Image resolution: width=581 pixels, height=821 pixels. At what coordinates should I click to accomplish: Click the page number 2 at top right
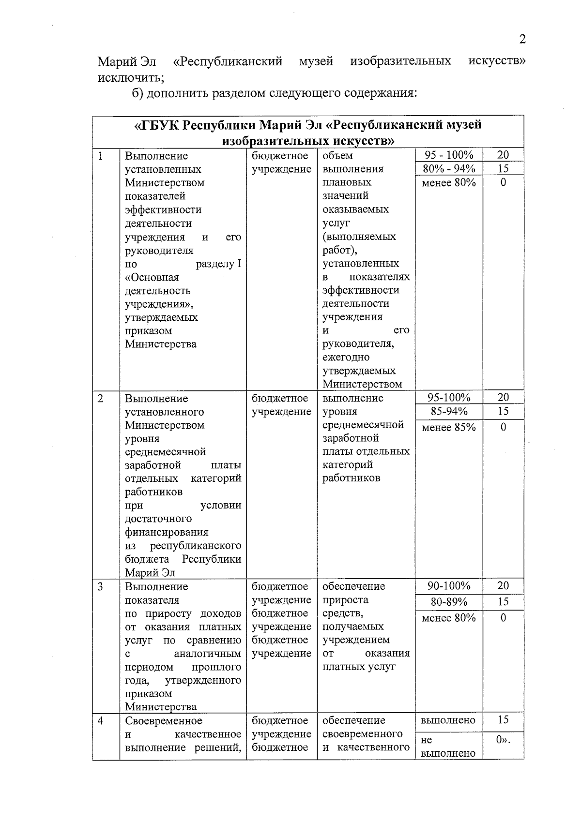(x=522, y=40)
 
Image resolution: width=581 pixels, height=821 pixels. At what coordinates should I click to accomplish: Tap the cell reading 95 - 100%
(x=448, y=155)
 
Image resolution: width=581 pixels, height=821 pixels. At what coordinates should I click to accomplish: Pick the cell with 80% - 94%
(x=448, y=168)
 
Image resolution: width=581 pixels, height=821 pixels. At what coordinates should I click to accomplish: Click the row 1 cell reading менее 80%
(x=448, y=182)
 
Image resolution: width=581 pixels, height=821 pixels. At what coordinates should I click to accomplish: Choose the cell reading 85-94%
(x=448, y=411)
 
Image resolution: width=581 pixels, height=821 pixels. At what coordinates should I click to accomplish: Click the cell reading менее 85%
(x=448, y=427)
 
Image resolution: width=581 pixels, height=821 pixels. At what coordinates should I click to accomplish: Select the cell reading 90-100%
(x=448, y=586)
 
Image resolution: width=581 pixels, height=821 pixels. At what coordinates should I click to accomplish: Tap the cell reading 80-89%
(x=448, y=602)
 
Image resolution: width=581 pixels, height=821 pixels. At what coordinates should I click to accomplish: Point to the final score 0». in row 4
(x=503, y=740)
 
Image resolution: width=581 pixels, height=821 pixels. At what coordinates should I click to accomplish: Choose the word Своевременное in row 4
(x=163, y=720)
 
